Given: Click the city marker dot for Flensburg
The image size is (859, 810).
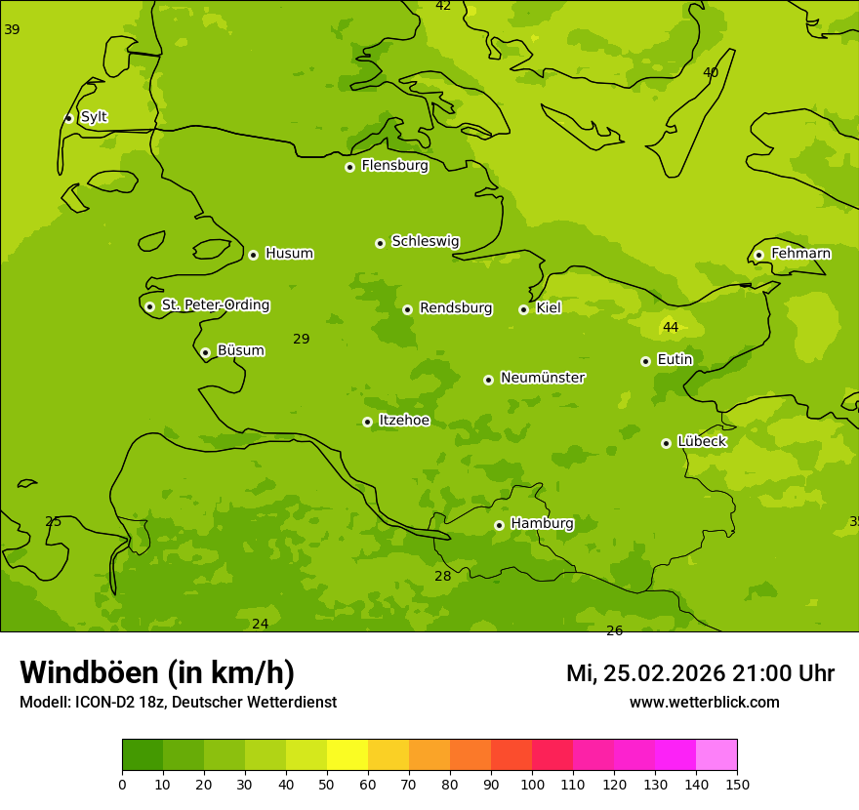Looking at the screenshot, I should (349, 167).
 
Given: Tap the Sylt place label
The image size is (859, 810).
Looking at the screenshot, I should (94, 117).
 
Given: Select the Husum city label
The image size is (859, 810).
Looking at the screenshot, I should (289, 254).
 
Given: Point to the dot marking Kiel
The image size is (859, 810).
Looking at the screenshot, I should (523, 309).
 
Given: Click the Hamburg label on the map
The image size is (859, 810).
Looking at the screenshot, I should (542, 524).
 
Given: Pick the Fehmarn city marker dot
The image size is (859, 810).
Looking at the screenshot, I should (758, 255).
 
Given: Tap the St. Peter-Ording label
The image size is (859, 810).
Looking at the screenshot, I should (215, 305).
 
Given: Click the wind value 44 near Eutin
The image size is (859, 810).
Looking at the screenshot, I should (671, 327).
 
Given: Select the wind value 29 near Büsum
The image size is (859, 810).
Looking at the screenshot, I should (302, 339).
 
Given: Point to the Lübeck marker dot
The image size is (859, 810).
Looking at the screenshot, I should (666, 443).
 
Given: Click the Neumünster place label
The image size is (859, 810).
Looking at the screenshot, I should (543, 378).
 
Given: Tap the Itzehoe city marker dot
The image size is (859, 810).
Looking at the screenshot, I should (367, 422).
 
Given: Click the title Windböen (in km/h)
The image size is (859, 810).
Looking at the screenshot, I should (157, 672).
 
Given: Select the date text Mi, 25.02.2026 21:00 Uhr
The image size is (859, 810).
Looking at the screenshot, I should (700, 673).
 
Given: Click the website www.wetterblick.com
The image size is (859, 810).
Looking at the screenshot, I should (704, 703).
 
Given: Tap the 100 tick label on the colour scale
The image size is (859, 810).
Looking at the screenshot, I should (532, 784).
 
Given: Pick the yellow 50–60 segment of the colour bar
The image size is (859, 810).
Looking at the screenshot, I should (348, 755).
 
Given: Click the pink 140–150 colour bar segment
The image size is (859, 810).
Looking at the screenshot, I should (716, 755).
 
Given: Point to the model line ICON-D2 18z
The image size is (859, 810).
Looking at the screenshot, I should (178, 703).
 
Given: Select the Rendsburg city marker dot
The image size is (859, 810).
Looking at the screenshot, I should (407, 309).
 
